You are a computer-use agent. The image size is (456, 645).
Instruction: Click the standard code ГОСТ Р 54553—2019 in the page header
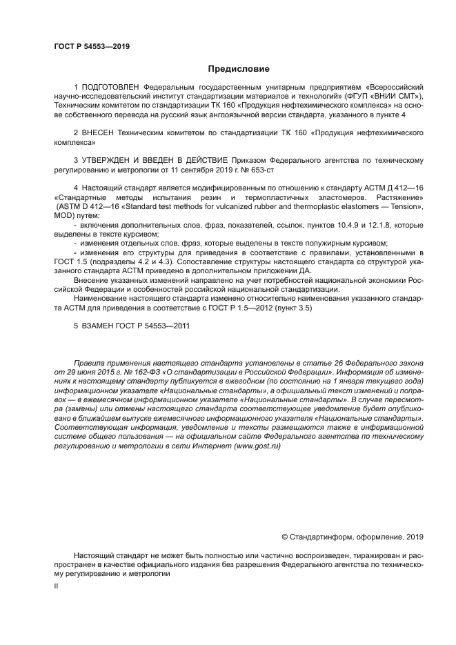coord(92,47)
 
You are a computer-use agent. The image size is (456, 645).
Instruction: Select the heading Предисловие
coord(239,69)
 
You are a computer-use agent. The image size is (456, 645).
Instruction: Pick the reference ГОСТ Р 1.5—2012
coord(244,308)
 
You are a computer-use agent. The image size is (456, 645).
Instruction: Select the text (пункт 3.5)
coord(294,308)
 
